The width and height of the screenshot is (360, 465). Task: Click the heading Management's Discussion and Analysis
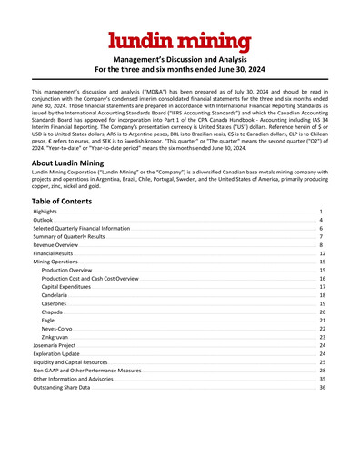click(179, 57)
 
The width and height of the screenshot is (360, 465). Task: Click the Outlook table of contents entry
click(43, 220)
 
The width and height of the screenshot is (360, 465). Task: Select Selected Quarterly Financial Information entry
click(80, 228)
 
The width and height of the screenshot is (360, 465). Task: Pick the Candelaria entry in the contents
click(55, 295)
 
